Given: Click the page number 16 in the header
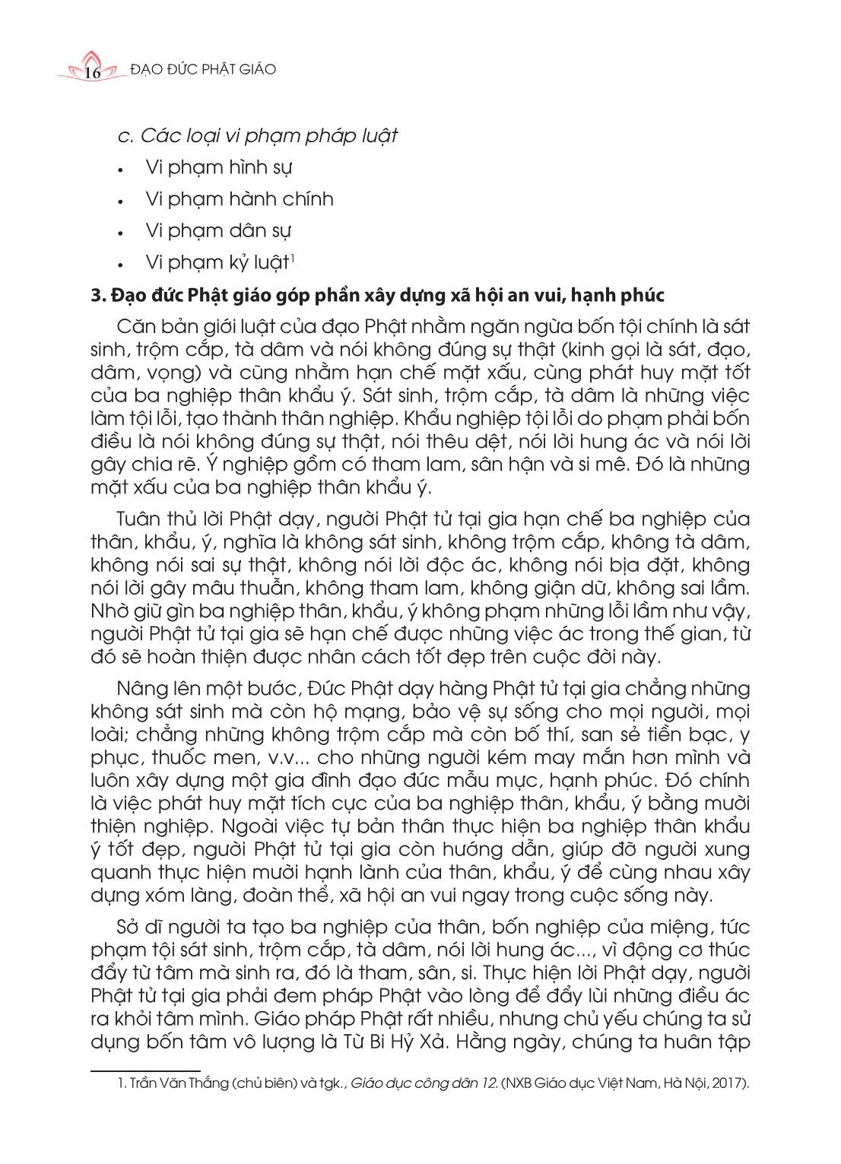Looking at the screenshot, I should [x=93, y=72].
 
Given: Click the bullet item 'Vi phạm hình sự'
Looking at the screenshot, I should [x=218, y=167].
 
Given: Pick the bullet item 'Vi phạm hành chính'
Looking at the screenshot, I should [x=239, y=199].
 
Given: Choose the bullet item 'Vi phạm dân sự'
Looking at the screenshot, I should [x=218, y=230].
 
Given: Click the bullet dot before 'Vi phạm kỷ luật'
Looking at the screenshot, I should [x=121, y=265].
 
